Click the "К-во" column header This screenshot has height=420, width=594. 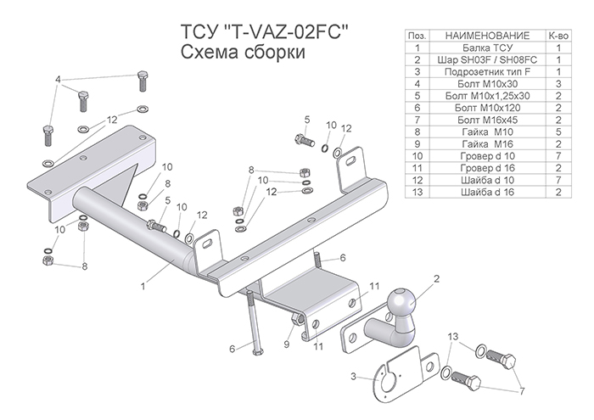tap(559, 36)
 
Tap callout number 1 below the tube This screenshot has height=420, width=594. tap(143, 286)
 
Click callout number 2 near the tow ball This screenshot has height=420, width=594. tap(436, 277)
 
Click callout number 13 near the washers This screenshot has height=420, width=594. tap(452, 337)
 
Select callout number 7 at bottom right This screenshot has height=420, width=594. tap(522, 392)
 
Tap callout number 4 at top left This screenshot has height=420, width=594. tap(58, 79)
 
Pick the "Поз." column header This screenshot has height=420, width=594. tap(417, 36)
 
